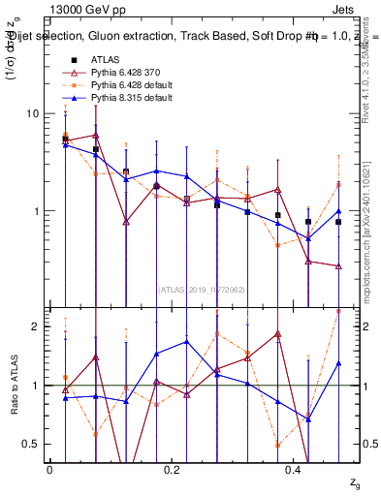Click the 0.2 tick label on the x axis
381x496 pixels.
tap(172, 469)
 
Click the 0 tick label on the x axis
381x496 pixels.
tap(49, 469)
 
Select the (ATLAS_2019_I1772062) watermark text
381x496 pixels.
tap(201, 289)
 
